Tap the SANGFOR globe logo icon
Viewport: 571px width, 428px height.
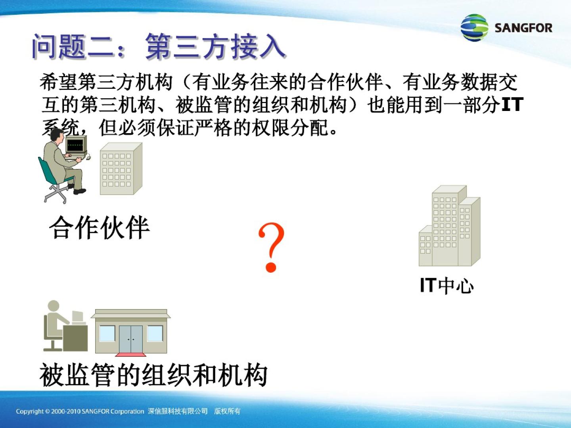[474, 28]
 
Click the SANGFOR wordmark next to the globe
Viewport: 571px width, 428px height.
[523, 28]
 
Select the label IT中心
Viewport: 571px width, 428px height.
[446, 286]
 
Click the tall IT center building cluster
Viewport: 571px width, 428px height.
[450, 225]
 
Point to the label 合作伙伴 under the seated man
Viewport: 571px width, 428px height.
[99, 227]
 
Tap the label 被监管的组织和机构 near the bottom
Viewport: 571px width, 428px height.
[153, 375]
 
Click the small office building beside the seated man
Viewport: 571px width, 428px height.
[121, 168]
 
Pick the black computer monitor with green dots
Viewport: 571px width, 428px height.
[75, 145]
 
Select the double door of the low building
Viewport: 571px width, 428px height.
[131, 339]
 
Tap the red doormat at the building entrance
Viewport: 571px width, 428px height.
[130, 354]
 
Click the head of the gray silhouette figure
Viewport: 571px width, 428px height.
[54, 306]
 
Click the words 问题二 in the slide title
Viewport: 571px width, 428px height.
[73, 47]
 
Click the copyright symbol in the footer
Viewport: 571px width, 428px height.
[47, 411]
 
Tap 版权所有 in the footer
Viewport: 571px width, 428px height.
[227, 411]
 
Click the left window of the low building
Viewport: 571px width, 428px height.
[107, 333]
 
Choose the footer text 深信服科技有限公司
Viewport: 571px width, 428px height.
[178, 411]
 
